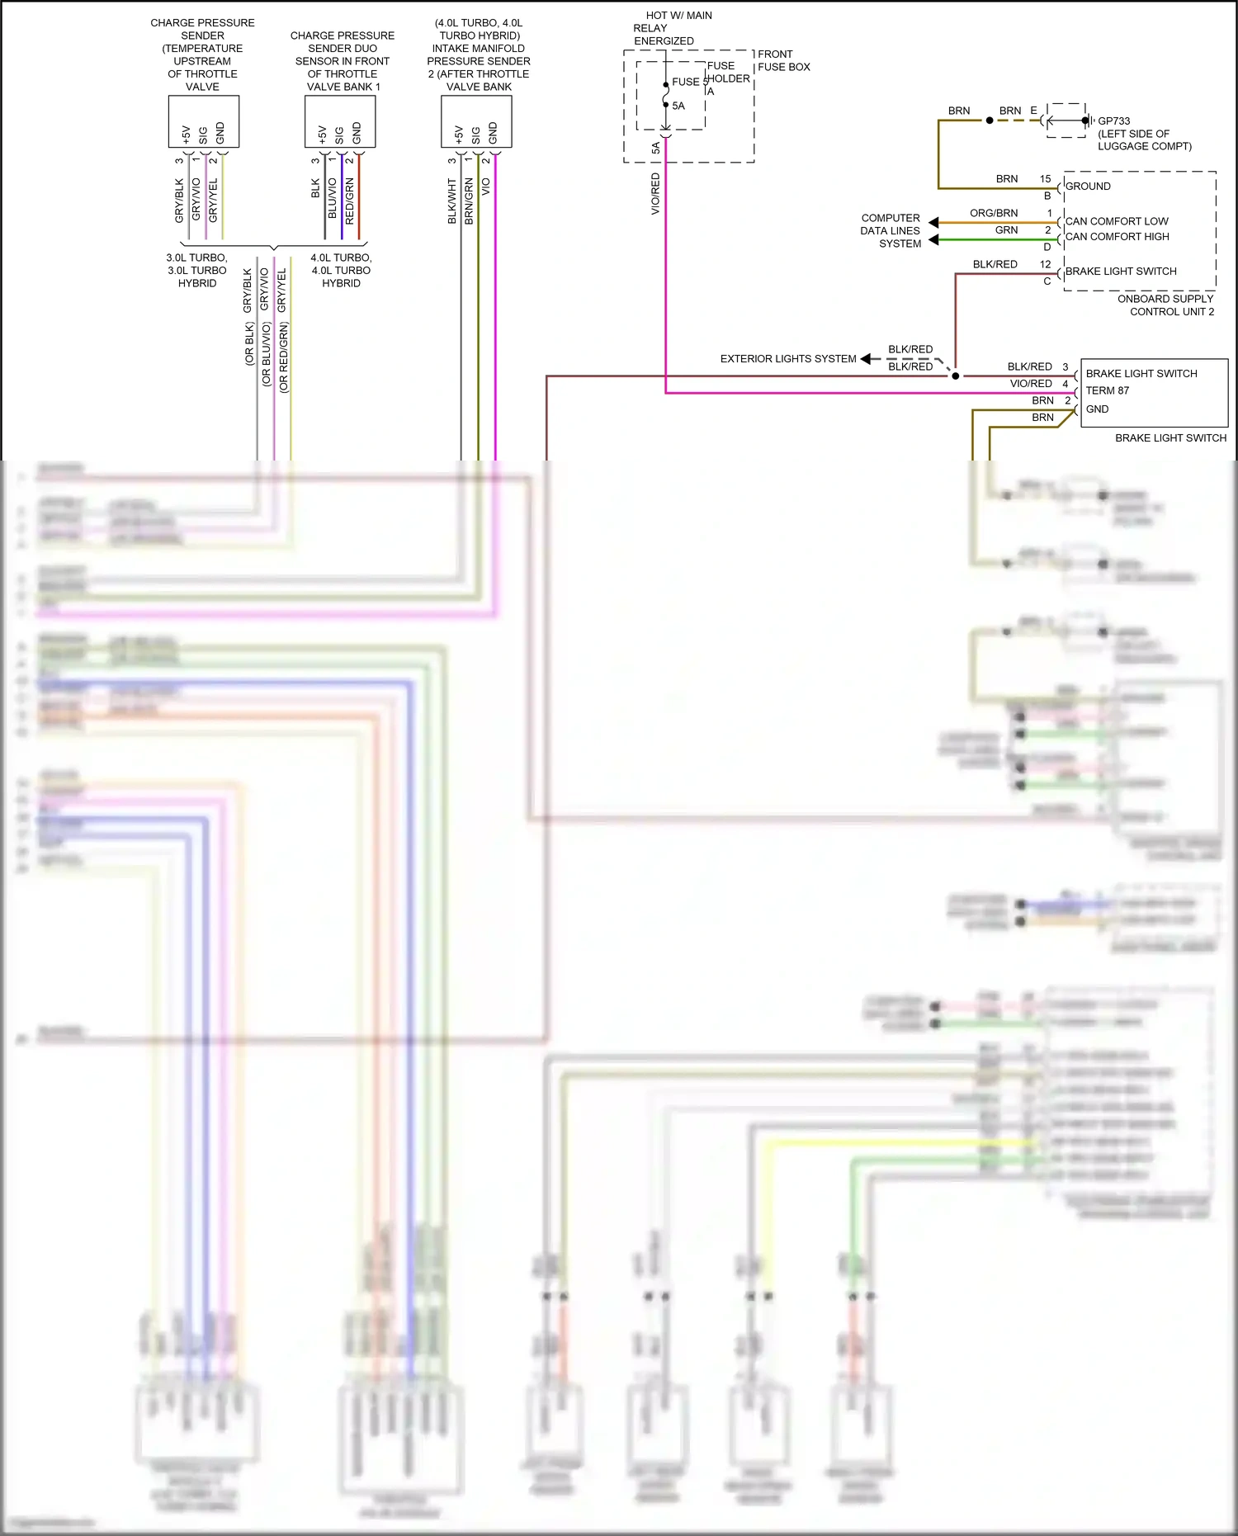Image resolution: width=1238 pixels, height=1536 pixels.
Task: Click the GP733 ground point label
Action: [1113, 121]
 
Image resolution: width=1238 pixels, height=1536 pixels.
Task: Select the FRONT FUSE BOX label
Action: [783, 60]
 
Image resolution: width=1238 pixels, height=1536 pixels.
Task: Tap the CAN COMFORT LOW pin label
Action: [1116, 221]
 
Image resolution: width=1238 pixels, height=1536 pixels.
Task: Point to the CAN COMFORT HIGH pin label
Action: [1117, 237]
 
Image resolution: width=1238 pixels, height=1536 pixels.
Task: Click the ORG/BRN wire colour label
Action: [993, 213]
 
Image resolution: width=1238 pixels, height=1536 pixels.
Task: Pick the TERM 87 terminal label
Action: [1107, 391]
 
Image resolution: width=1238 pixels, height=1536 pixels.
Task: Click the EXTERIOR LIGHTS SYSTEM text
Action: [787, 359]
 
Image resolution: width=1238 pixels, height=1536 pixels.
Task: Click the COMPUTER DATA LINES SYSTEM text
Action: [890, 231]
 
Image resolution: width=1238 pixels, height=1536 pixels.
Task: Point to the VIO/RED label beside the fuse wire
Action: [655, 194]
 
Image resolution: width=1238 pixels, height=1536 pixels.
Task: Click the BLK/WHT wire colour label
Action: [451, 201]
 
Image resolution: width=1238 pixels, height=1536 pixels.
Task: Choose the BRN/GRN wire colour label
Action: [469, 201]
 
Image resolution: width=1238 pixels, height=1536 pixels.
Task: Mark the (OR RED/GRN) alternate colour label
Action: [283, 357]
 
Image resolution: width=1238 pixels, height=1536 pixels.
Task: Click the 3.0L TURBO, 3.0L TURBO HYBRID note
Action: [196, 271]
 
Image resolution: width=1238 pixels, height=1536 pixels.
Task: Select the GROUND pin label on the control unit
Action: [1088, 187]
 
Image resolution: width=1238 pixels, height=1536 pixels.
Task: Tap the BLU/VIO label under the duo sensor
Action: [333, 198]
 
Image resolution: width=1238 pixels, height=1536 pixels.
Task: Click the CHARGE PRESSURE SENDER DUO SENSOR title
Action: [342, 61]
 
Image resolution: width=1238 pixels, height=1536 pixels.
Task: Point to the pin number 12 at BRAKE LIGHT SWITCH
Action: [1045, 264]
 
